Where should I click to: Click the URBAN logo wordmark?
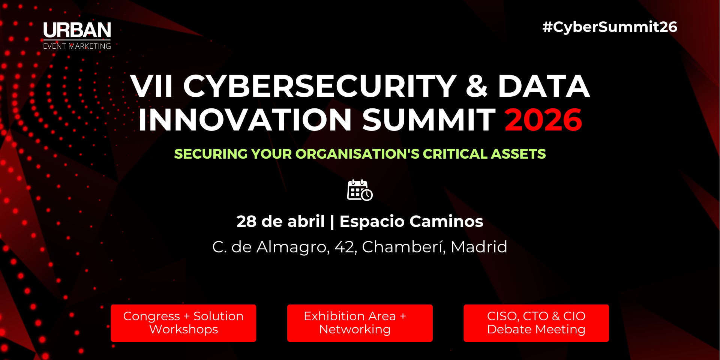[x=77, y=30]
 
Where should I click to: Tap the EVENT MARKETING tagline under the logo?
[x=77, y=46]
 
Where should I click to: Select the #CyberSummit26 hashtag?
[x=610, y=27]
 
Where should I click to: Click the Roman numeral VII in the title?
[x=151, y=86]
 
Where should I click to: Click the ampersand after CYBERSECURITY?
[x=477, y=86]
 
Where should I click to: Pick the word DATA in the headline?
[x=543, y=86]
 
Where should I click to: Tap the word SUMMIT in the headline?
[x=429, y=120]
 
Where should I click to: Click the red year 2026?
[x=543, y=120]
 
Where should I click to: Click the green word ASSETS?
[x=518, y=154]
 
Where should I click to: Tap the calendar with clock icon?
[x=360, y=190]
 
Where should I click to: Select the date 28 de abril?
[x=280, y=221]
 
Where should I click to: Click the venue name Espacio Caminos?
[x=411, y=221]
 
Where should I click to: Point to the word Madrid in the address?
[x=479, y=247]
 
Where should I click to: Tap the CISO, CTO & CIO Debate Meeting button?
[x=536, y=323]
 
